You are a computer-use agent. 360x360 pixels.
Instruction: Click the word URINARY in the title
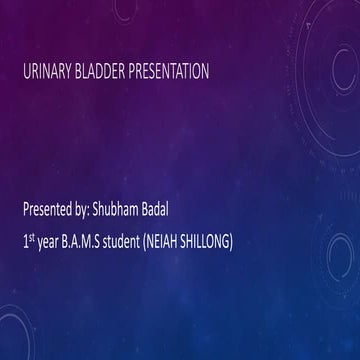[48, 72]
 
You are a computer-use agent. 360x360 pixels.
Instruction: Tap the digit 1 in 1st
[25, 243]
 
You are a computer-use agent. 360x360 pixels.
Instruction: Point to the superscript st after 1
[32, 239]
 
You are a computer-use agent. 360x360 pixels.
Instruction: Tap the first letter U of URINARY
[26, 72]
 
